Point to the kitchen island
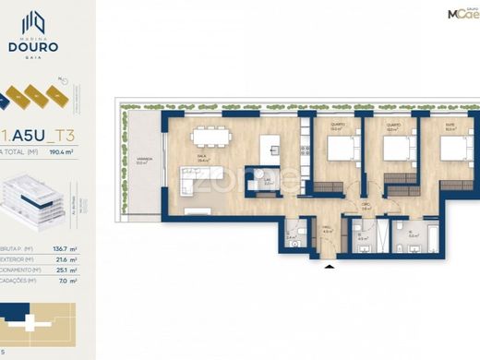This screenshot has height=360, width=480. click(x=270, y=147)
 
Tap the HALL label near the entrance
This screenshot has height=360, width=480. click(x=328, y=231)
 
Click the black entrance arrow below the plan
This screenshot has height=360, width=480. click(x=330, y=268)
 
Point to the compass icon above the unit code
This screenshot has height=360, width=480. click(x=63, y=82)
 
